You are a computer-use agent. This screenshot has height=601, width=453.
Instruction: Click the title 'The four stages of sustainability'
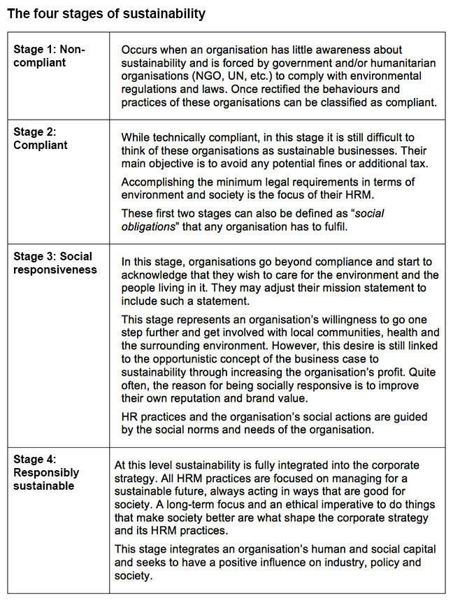106,14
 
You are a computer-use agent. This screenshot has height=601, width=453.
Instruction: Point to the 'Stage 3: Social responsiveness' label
55,263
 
